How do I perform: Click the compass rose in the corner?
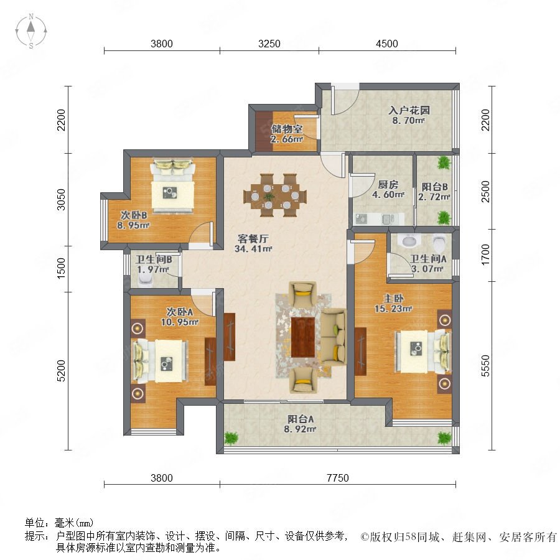31,31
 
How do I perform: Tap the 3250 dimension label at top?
269,44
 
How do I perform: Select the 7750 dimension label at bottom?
337,478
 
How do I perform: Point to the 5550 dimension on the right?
485,366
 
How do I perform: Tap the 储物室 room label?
287,129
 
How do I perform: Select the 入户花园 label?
409,110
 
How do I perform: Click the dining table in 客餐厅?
275,196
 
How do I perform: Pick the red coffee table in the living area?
302,337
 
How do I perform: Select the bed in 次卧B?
173,185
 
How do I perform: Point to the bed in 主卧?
422,352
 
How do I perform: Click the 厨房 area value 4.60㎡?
388,195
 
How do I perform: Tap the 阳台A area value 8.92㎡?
300,429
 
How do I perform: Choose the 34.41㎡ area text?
253,248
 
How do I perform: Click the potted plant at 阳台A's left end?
231,438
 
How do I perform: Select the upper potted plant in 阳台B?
444,163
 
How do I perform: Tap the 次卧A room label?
180,312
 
